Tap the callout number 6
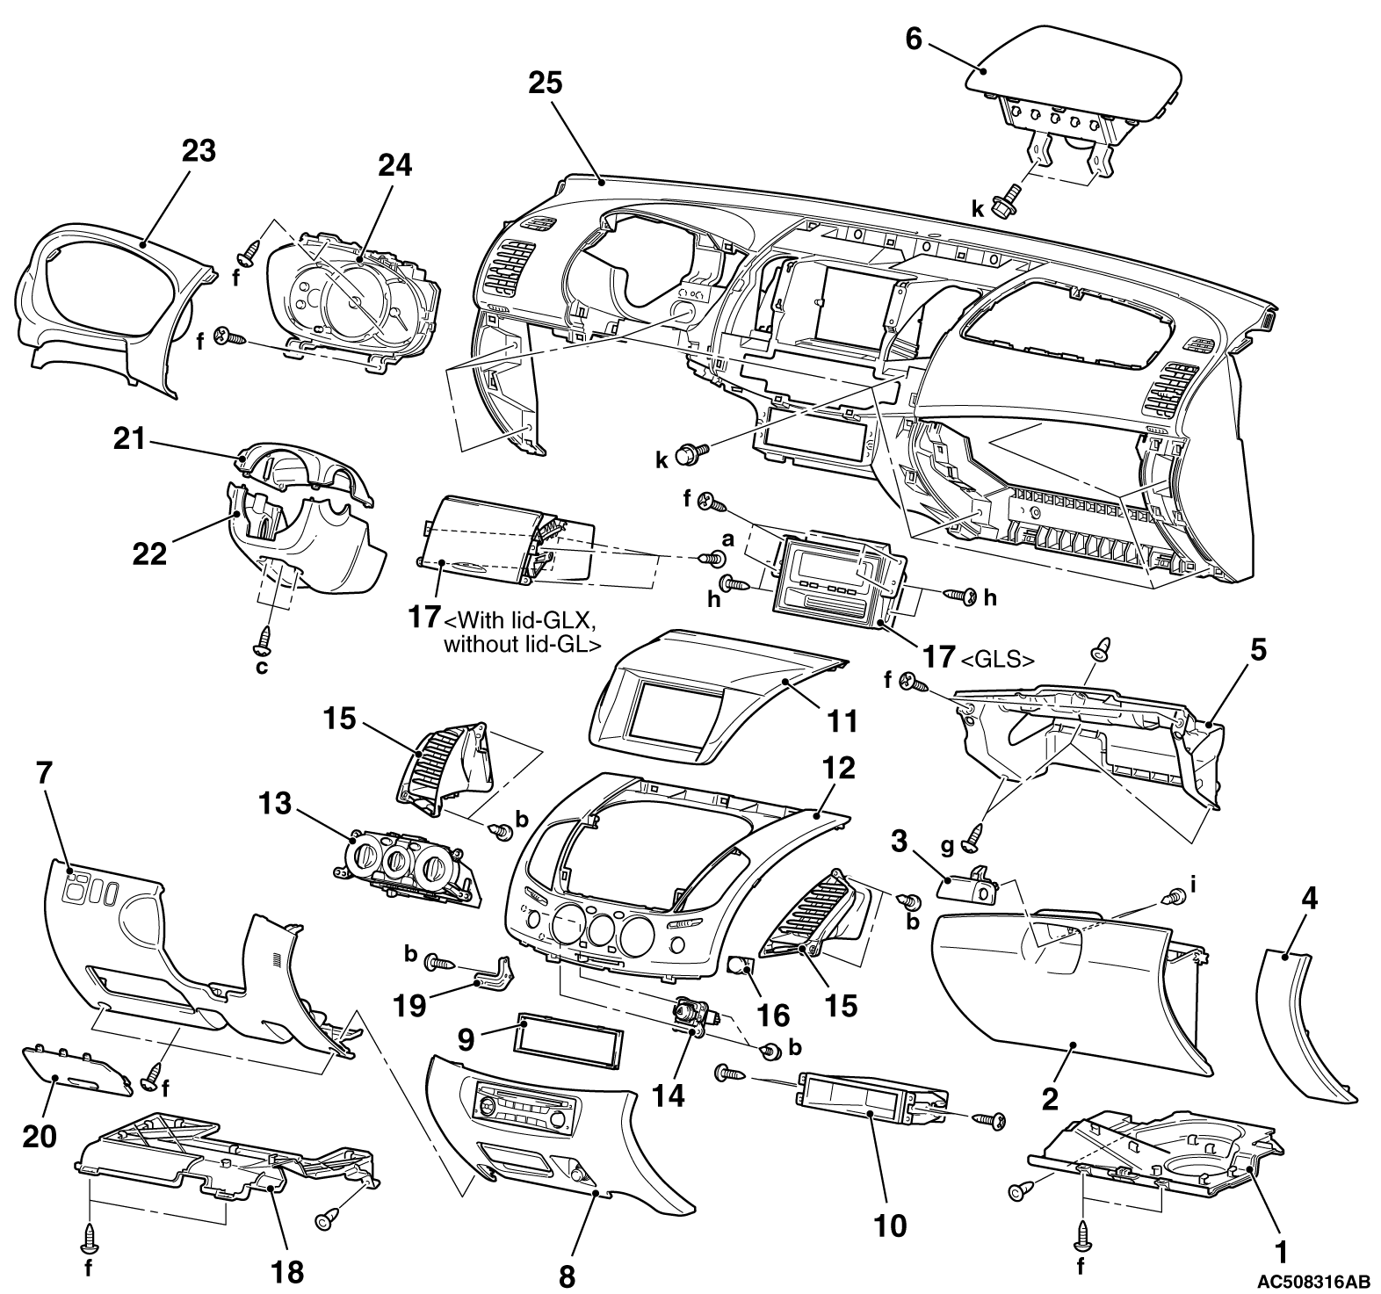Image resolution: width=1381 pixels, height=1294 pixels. (x=914, y=40)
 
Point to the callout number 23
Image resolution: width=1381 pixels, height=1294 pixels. (x=199, y=151)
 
